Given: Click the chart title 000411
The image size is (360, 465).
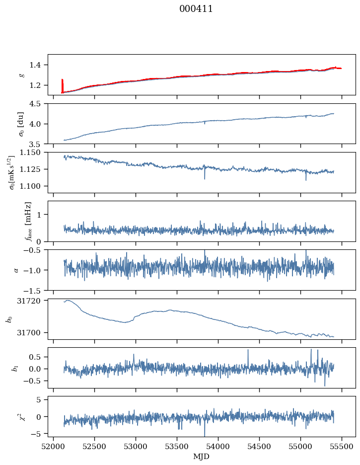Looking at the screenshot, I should click(196, 9).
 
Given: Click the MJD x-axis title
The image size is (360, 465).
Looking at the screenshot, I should click(201, 457).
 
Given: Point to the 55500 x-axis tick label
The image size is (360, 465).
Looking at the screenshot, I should click(342, 446).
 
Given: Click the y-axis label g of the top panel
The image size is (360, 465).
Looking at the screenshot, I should click(21, 75).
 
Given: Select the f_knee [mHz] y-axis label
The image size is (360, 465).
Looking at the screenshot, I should click(28, 221).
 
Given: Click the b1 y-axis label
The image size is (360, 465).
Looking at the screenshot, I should click(15, 368).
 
